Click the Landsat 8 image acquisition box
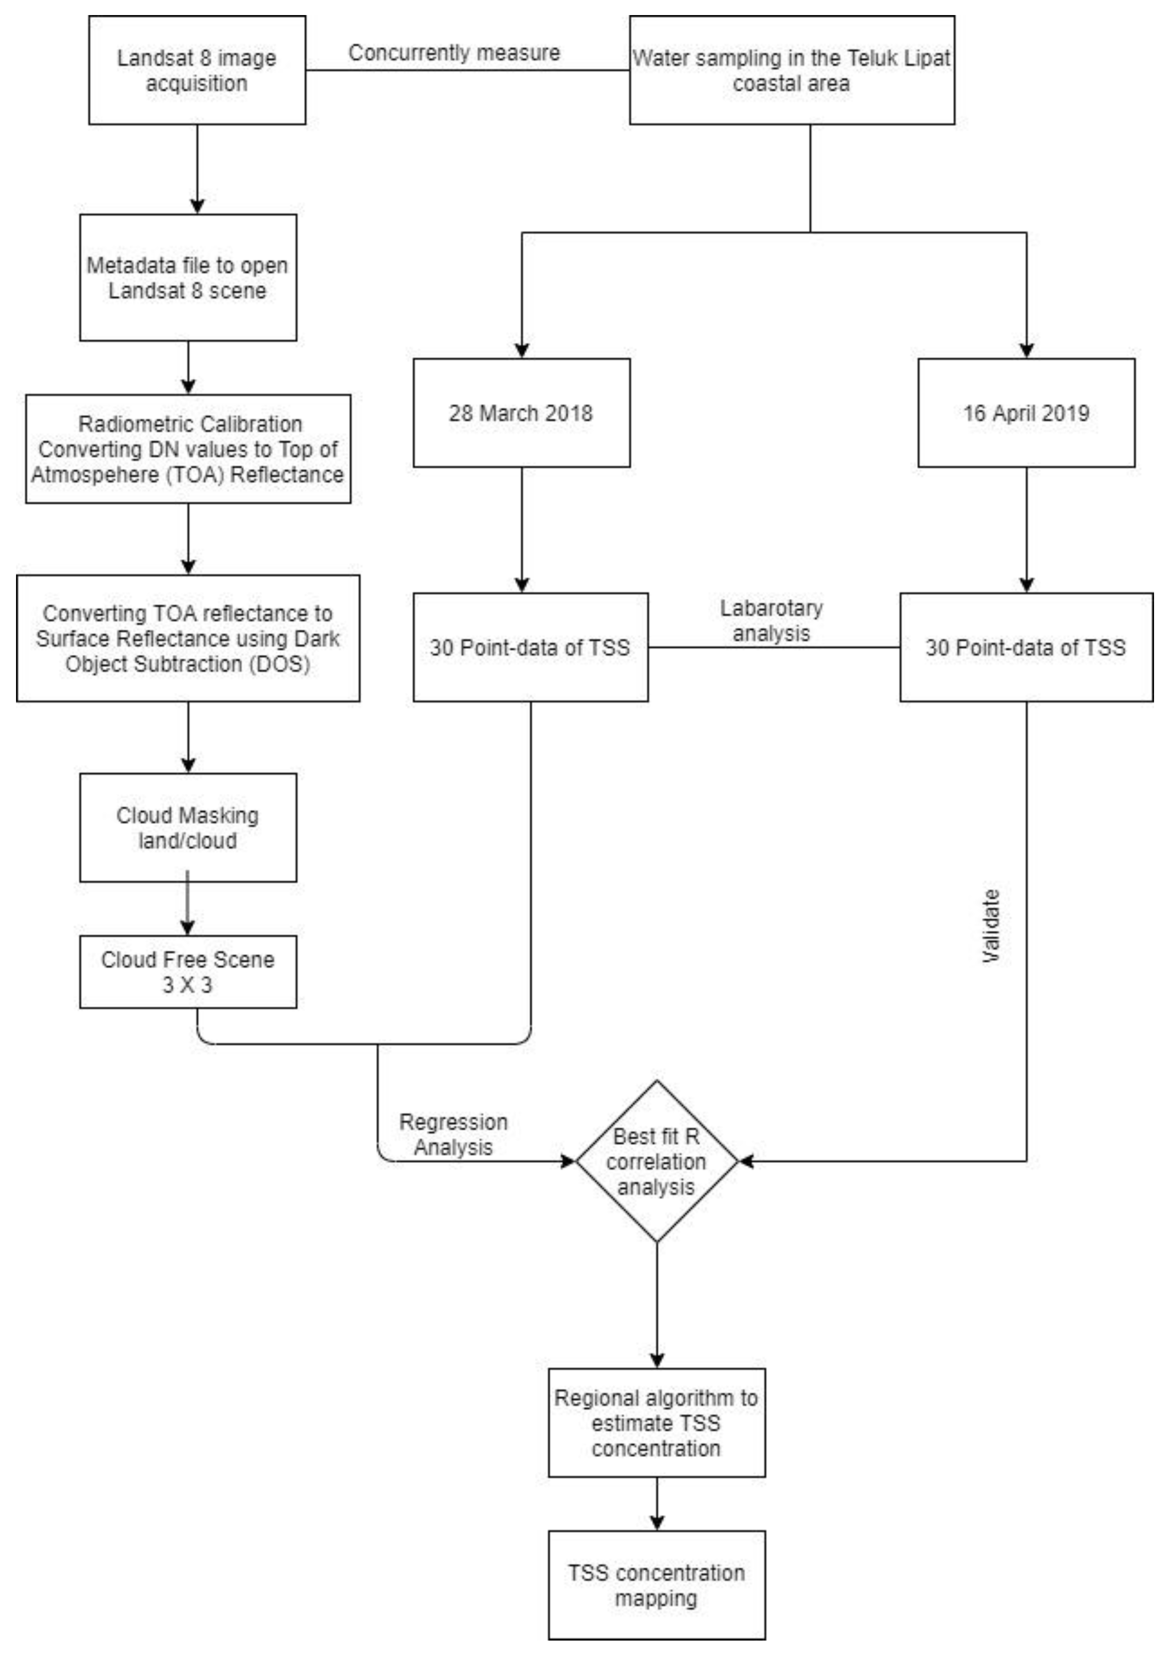(197, 70)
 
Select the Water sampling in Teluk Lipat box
(791, 70)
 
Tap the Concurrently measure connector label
(454, 53)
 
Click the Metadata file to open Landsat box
(188, 277)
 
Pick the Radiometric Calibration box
(188, 448)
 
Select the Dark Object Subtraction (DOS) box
(188, 638)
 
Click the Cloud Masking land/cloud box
(188, 827)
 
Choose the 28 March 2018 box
(521, 413)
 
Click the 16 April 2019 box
(1025, 413)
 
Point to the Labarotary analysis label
(771, 620)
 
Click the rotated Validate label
(990, 925)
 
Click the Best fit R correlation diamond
(656, 1161)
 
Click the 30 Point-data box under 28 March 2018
(530, 647)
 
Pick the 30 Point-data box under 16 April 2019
(1025, 647)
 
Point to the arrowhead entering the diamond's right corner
(746, 1161)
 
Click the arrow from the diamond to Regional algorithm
(656, 1301)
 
